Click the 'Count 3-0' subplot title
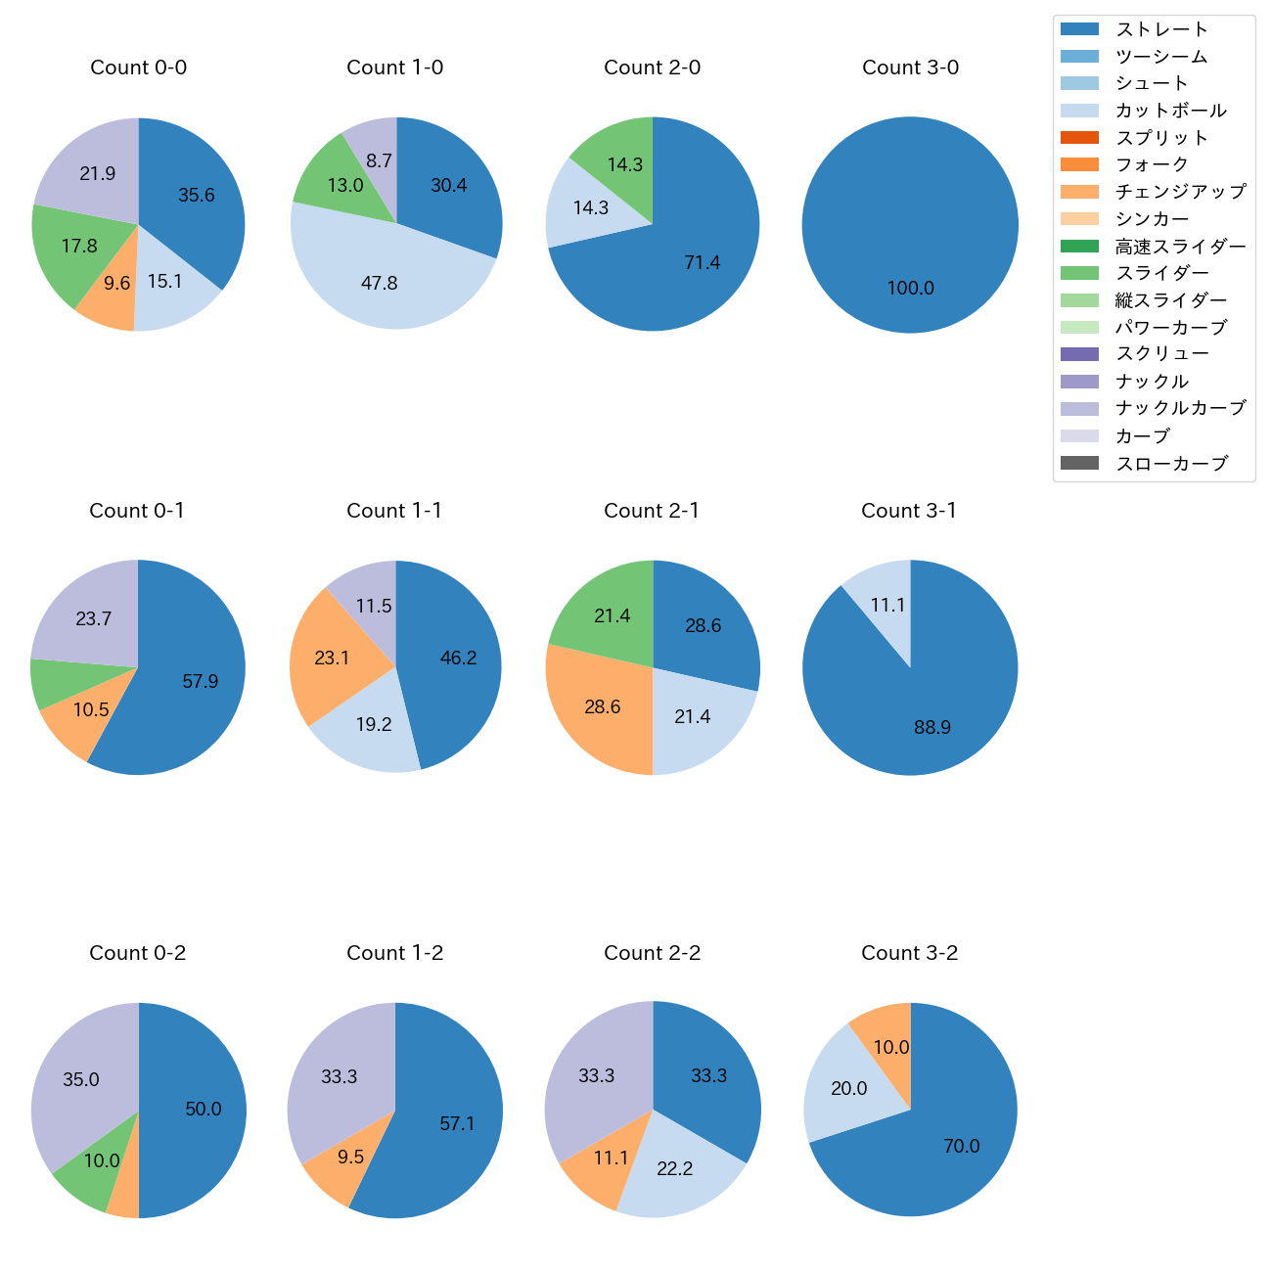click(x=910, y=68)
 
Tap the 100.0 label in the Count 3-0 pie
click(x=910, y=289)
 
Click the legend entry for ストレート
click(x=1161, y=29)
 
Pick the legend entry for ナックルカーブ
click(x=1180, y=408)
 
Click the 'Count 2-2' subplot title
click(x=652, y=953)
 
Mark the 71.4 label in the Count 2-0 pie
click(x=703, y=262)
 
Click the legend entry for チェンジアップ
click(x=1180, y=191)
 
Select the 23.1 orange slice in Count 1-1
click(x=333, y=658)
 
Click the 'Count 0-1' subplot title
click(x=137, y=511)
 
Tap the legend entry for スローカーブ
click(x=1171, y=463)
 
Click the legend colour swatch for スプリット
click(x=1079, y=137)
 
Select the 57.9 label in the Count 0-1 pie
click(x=201, y=681)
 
